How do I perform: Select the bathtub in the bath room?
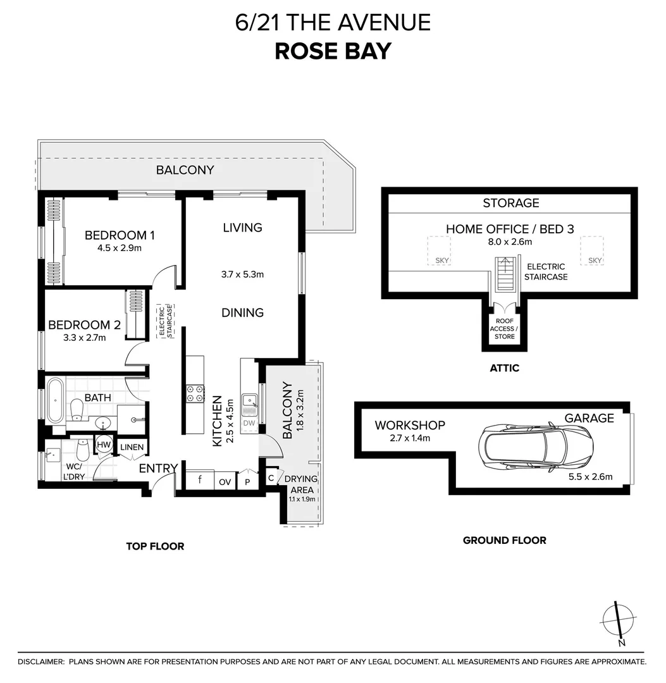54,400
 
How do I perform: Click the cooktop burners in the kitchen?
194,393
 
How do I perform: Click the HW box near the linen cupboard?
104,445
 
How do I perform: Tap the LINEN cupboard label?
132,447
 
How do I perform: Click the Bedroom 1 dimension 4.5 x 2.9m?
119,248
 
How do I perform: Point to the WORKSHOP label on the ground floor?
409,425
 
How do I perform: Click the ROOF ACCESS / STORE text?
504,329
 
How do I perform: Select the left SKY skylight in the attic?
441,250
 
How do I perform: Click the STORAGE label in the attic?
510,203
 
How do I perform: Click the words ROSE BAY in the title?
333,51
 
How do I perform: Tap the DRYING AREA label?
300,484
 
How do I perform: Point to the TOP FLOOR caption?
155,546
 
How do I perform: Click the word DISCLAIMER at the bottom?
41,661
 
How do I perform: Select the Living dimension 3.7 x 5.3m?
242,274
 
